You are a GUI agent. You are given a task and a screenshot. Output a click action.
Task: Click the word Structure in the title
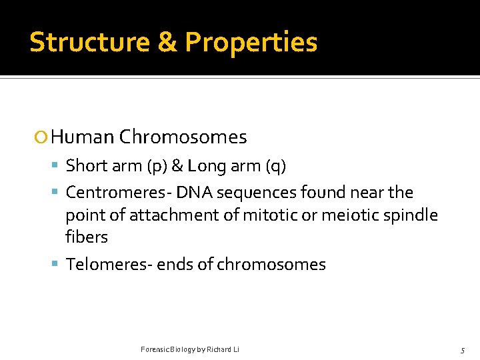pos(89,42)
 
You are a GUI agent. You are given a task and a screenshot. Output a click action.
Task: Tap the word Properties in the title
pos(251,42)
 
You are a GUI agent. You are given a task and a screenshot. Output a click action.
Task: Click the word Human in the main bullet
pos(82,137)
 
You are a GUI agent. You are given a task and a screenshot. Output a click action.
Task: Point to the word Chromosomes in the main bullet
pos(183,137)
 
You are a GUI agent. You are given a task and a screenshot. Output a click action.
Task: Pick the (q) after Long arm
pos(275,166)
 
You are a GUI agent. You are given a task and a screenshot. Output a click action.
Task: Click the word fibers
pos(87,237)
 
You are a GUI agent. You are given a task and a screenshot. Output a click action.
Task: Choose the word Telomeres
pos(109,264)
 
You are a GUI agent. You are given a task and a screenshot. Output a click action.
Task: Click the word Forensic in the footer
pos(155,349)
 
